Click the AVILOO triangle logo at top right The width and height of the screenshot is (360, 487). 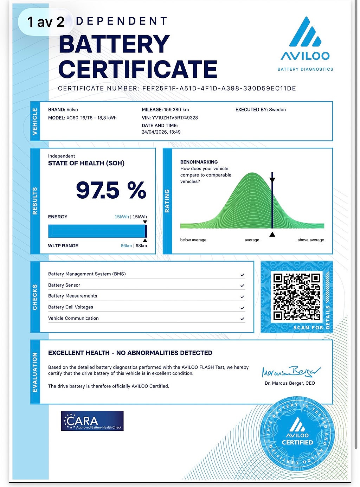(305, 32)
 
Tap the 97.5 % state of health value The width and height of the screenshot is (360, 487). (111, 190)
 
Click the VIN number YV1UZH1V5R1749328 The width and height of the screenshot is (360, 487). (175, 118)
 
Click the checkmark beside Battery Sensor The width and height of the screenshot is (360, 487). (242, 286)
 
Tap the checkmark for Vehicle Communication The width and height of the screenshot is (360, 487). (242, 319)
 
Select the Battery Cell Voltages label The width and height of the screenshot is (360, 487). (71, 307)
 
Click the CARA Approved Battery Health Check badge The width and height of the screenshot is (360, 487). (92, 421)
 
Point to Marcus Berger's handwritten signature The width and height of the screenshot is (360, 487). (291, 371)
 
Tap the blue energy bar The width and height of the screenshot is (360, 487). (97, 231)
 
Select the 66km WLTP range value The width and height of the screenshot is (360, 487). (126, 246)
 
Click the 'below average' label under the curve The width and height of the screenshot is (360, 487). (193, 240)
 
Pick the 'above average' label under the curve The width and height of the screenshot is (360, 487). (311, 240)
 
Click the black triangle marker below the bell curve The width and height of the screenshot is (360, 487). (272, 234)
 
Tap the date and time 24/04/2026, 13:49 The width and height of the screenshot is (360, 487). (161, 132)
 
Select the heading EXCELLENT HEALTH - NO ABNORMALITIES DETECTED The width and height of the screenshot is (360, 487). (130, 353)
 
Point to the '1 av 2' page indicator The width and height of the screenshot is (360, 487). (46, 22)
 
